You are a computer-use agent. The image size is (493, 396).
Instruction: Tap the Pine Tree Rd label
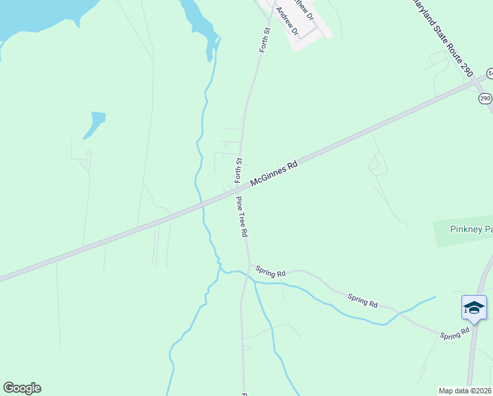pos(241,217)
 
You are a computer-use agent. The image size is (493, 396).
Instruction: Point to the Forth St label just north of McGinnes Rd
pos(239,171)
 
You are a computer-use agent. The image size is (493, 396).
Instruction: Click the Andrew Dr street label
pos(287,22)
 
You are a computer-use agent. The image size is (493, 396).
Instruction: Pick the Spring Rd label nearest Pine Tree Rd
pos(271,271)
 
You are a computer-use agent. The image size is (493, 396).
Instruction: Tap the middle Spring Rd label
pos(362,300)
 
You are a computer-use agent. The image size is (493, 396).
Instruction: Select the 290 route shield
pos(485,98)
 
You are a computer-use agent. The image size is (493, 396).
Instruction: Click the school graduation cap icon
pos(474,308)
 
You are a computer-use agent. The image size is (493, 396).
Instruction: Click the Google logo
pos(22,388)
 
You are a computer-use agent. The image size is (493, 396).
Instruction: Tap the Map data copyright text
pos(465,391)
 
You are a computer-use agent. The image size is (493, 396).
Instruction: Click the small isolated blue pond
pos(95,123)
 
